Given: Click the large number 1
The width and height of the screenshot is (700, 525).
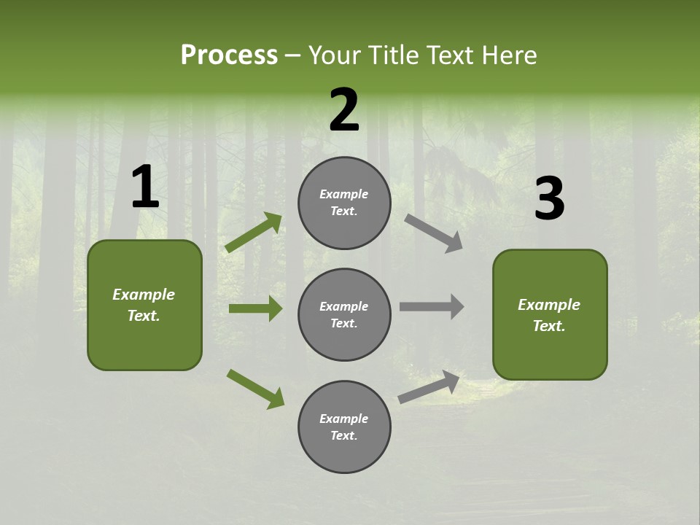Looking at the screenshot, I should (x=145, y=187).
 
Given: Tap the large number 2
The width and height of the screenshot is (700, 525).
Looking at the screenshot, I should (x=344, y=110).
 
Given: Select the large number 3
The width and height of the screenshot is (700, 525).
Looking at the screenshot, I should (x=549, y=199).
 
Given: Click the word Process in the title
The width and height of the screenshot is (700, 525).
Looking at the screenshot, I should (x=229, y=55).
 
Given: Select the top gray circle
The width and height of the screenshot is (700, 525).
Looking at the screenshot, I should (x=344, y=203).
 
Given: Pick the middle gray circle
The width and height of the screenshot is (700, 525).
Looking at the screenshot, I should (x=344, y=314).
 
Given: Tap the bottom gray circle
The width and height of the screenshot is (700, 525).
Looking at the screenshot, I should (x=344, y=427).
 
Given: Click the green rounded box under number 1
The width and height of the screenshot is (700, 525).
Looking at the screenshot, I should (x=144, y=305).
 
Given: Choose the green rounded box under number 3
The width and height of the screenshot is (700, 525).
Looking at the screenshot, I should (x=550, y=314).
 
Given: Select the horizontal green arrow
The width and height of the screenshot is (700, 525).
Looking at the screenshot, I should (x=255, y=308).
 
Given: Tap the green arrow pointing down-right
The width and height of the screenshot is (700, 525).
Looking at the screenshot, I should (x=256, y=389).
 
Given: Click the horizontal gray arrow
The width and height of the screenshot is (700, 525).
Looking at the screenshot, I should (x=432, y=306).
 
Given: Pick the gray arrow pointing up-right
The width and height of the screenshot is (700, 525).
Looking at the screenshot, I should (x=429, y=386).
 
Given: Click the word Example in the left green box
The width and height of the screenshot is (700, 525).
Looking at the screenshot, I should (x=144, y=295).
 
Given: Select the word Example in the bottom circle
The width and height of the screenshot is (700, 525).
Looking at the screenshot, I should (x=343, y=419).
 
